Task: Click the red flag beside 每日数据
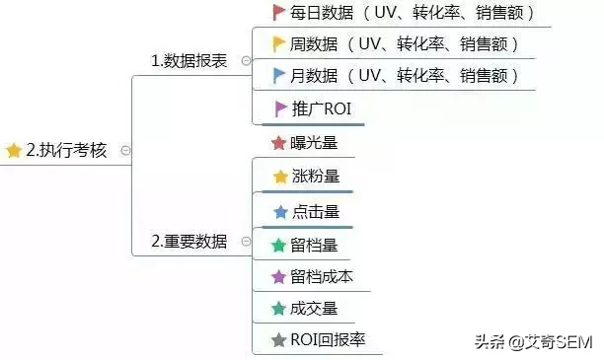pos(279,13)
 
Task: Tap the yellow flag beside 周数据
pos(279,43)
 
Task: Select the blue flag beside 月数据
pos(279,75)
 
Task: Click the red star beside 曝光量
pos(278,143)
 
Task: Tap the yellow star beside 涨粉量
pos(280,177)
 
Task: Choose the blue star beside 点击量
pos(280,211)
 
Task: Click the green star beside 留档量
pos(278,245)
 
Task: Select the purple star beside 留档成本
pos(278,276)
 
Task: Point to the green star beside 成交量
pos(278,309)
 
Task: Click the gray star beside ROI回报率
pos(278,340)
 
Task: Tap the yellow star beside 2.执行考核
pos(14,151)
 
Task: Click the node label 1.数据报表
pos(189,60)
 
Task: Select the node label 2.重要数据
pos(189,241)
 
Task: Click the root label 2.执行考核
pos(65,151)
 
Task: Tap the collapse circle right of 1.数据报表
pos(245,61)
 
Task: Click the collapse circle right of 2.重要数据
pos(245,242)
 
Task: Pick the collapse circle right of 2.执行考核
pos(124,151)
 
